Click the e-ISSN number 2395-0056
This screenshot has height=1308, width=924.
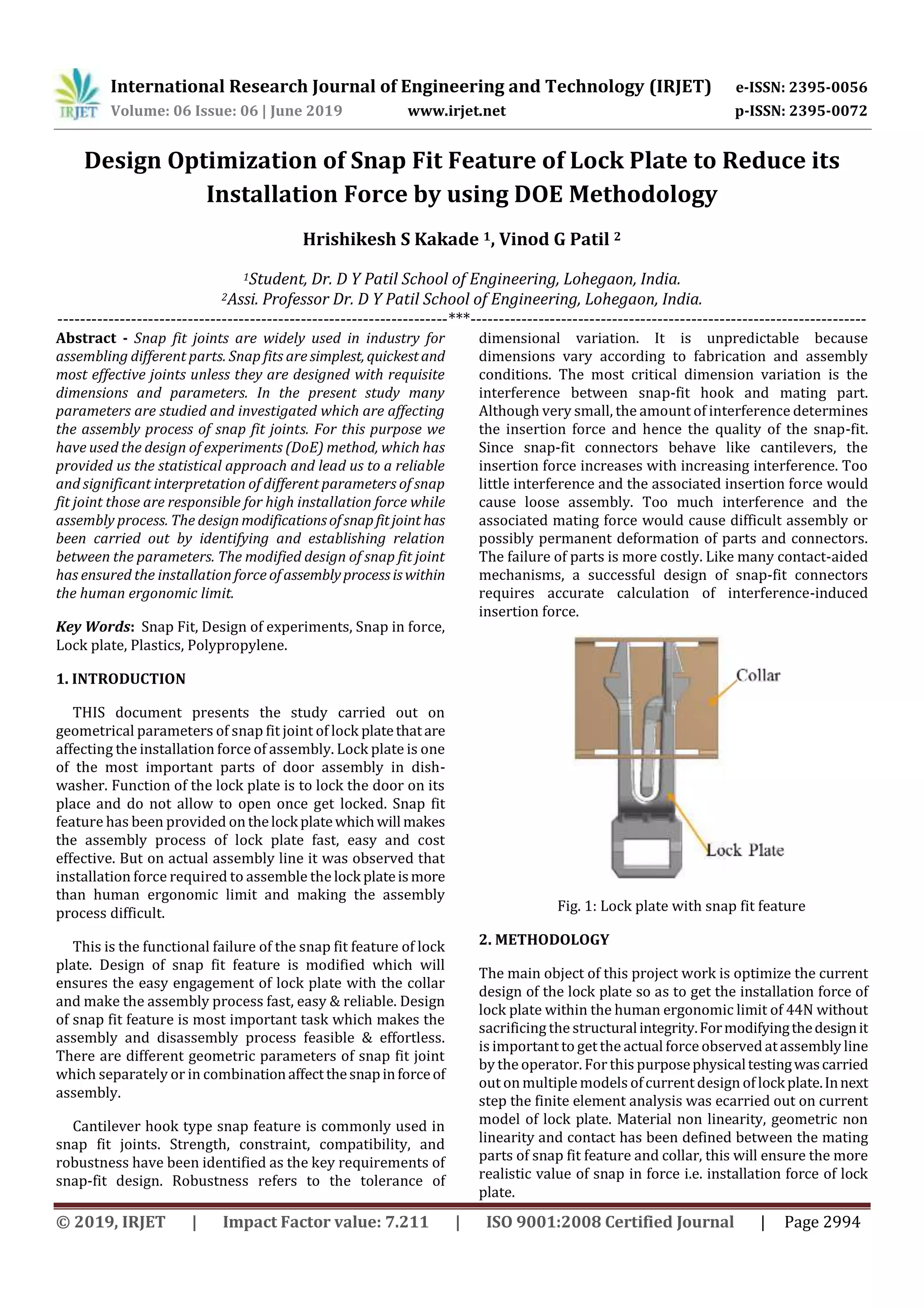(x=827, y=88)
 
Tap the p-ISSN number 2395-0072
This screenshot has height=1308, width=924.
(x=827, y=111)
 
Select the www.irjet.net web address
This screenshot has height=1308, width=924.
(x=457, y=111)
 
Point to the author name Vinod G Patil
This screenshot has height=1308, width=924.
(x=554, y=239)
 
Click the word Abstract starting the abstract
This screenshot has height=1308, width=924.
(x=86, y=338)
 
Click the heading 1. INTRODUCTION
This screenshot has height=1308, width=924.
(x=121, y=679)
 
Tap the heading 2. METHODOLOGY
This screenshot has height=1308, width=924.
(x=544, y=940)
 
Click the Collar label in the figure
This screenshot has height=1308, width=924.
(x=758, y=675)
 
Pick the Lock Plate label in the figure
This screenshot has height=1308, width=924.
(x=745, y=851)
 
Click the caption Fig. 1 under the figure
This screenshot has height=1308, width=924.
(x=681, y=906)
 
